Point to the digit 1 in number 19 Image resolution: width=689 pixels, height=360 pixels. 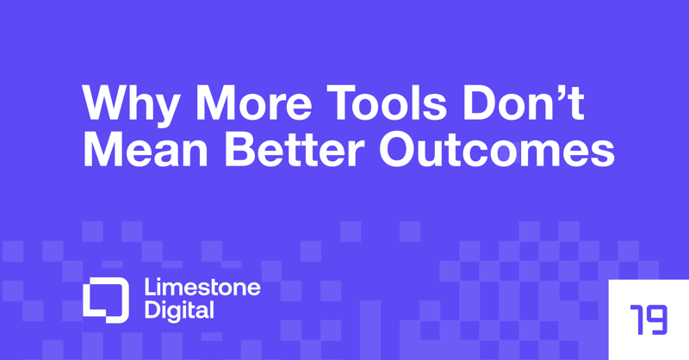(x=637, y=319)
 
